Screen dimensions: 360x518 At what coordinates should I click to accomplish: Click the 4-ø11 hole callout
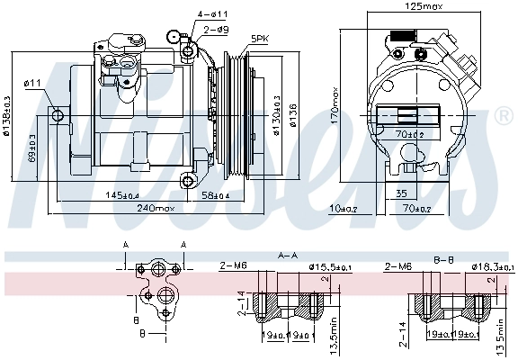click(x=213, y=14)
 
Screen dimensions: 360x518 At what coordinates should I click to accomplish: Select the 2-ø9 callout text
click(x=215, y=30)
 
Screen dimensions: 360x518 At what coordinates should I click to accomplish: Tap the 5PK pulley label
click(x=259, y=38)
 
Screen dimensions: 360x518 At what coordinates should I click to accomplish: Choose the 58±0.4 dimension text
click(x=214, y=194)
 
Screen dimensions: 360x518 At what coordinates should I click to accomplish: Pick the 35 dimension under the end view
click(x=400, y=193)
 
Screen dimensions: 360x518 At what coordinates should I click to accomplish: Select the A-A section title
click(x=288, y=256)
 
